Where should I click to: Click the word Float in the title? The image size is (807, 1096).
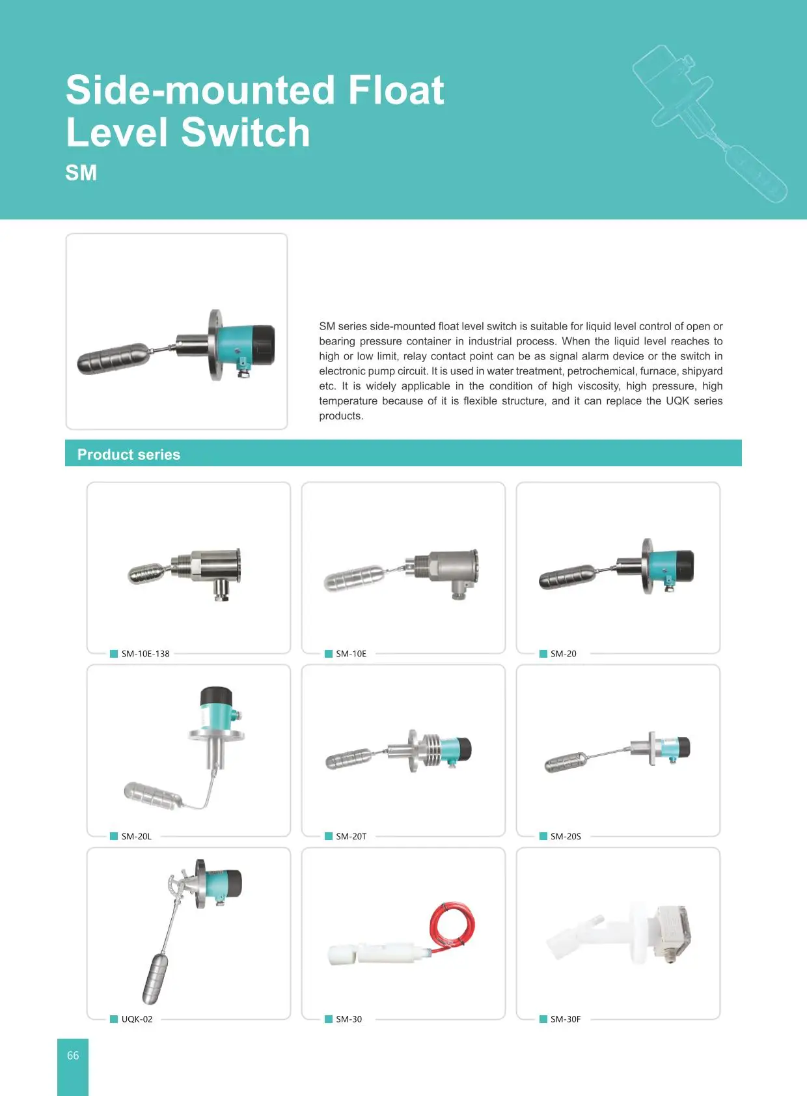coord(396,90)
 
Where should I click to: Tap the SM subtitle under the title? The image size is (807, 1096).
coord(81,173)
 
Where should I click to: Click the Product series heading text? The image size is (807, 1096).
coord(128,455)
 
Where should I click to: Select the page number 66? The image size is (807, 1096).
coord(73,1056)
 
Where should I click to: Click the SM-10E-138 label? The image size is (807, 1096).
coord(145,654)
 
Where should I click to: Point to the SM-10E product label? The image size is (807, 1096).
coord(351,654)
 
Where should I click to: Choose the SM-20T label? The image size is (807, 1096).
coord(351,836)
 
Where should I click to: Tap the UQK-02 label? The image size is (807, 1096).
coord(137,1019)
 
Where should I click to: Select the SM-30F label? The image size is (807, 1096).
coord(565,1019)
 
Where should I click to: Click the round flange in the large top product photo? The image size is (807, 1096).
coord(214,345)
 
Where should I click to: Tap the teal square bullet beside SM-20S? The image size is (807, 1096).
coord(543,836)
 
